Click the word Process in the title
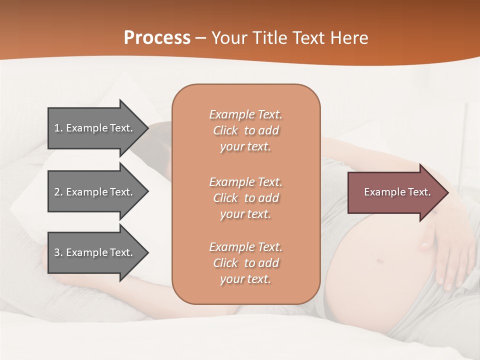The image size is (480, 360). tap(157, 38)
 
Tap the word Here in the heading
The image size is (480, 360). tap(349, 38)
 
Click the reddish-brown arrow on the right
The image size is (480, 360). tap(395, 192)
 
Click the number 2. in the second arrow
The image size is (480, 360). tap(58, 192)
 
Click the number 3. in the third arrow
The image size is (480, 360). tap(58, 252)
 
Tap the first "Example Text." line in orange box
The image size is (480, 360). tap(245, 114)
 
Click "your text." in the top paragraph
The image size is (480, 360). tap(245, 147)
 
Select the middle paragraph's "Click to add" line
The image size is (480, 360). tap(245, 198)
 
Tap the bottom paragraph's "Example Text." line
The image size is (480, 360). tap(245, 247)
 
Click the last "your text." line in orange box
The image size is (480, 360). tap(245, 279)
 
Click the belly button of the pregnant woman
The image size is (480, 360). tap(380, 260)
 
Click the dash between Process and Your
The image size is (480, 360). tap(200, 38)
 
